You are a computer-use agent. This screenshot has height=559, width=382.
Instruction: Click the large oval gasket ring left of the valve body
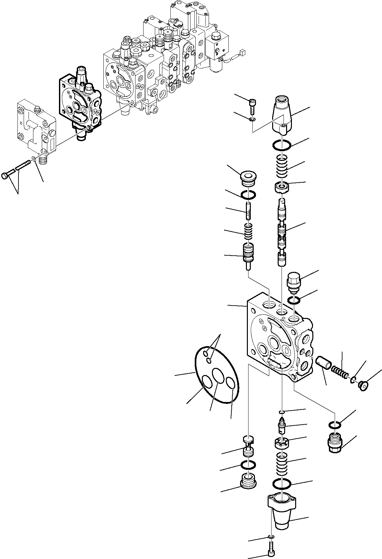[216, 375]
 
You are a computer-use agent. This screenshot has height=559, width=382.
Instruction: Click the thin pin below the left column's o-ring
[249, 211]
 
